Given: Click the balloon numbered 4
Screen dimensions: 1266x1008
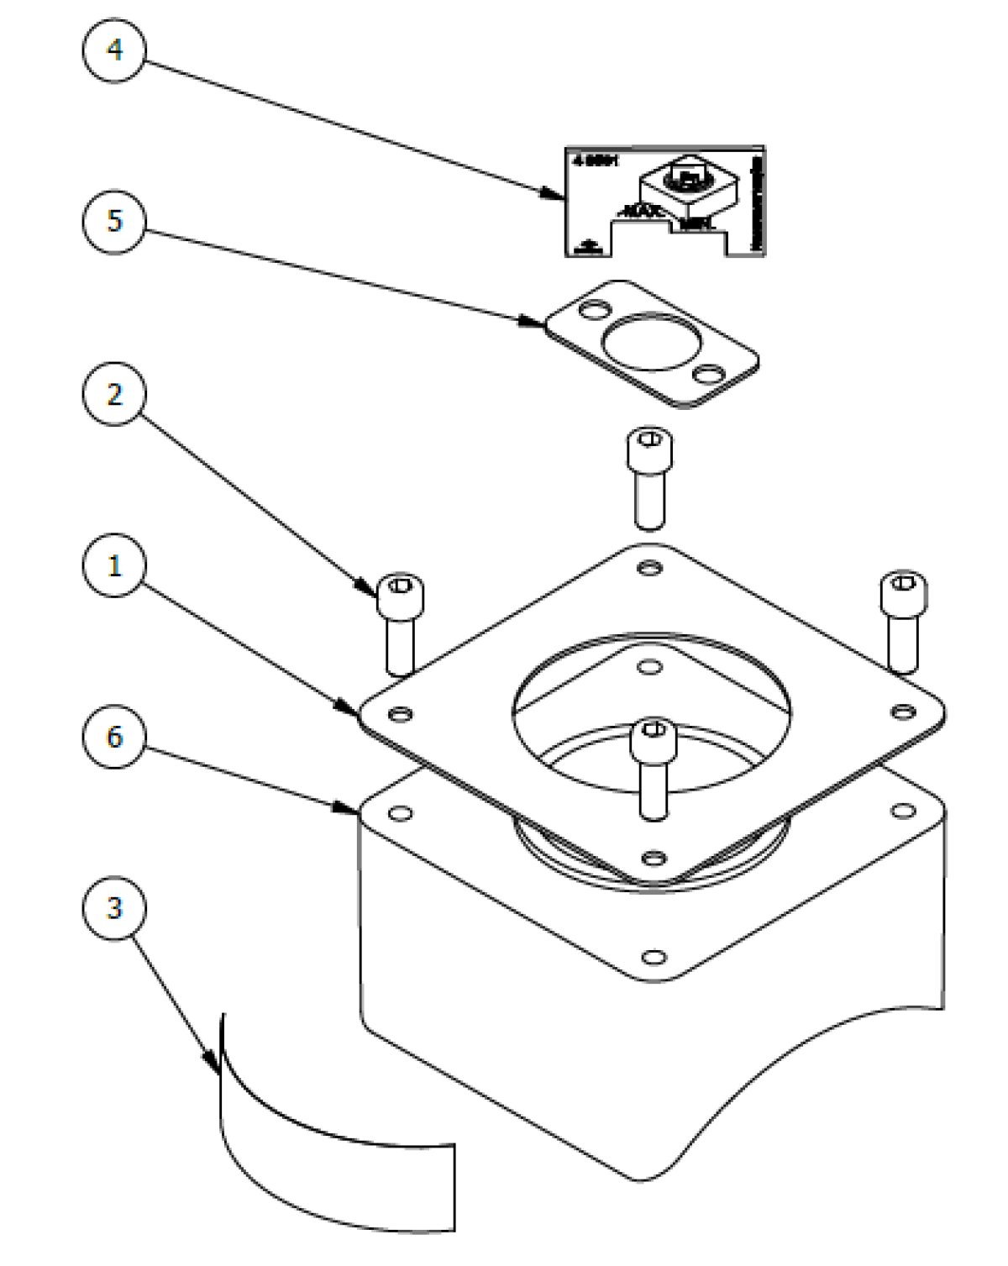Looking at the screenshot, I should pyautogui.click(x=114, y=50).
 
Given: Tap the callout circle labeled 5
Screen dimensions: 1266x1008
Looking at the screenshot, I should pyautogui.click(x=114, y=221).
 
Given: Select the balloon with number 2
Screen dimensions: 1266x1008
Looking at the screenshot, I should pyautogui.click(x=114, y=394).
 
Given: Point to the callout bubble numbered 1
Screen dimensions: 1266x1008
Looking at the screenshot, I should pyautogui.click(x=114, y=565).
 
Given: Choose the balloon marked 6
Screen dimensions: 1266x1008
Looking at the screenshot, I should pyautogui.click(x=114, y=737).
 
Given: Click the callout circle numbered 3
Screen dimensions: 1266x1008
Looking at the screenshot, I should pyautogui.click(x=114, y=908).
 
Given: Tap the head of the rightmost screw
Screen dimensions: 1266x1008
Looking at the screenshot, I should pyautogui.click(x=904, y=593).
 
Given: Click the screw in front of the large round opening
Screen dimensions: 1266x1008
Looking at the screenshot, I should pyautogui.click(x=653, y=739).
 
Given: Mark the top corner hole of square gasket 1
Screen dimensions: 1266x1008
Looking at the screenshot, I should pyautogui.click(x=648, y=569).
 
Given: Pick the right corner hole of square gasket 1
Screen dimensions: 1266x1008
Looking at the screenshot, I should pyautogui.click(x=902, y=712).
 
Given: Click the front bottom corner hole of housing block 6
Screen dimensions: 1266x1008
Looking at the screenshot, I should pyautogui.click(x=653, y=957).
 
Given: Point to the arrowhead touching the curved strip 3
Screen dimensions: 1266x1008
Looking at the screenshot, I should pyautogui.click(x=215, y=1066).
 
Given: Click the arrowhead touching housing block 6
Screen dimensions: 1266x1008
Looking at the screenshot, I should pyautogui.click(x=348, y=808).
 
